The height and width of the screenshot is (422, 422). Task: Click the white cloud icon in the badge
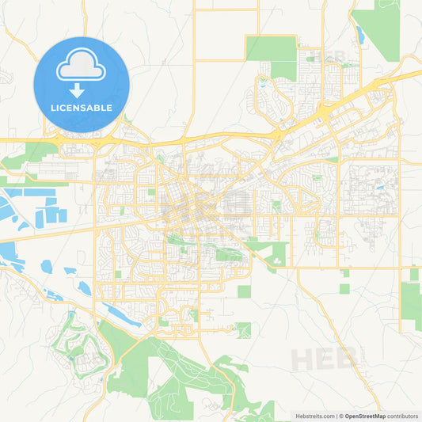[82, 66]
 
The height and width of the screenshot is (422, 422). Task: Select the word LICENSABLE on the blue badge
[82, 108]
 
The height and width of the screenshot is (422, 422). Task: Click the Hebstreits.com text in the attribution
[304, 416]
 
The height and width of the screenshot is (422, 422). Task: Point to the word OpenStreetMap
[364, 416]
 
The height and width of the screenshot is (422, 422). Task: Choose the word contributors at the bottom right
[402, 416]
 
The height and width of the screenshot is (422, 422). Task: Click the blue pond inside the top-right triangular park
[360, 34]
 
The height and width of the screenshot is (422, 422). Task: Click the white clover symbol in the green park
[279, 254]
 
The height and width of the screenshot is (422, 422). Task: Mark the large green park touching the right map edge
[411, 304]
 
